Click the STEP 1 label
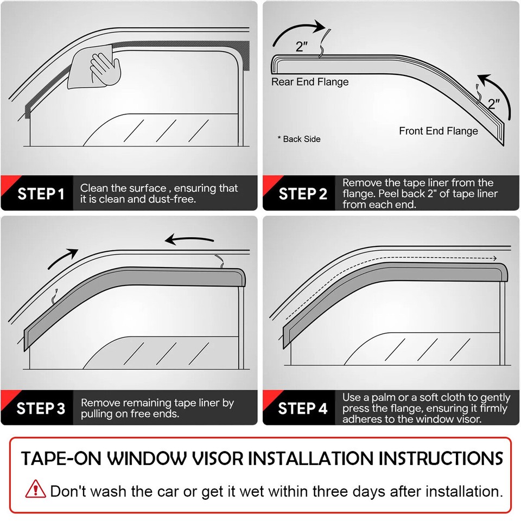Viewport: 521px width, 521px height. (41, 194)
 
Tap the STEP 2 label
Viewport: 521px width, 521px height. (303, 194)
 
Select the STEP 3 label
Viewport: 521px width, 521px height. (41, 408)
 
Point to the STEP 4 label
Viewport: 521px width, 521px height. (303, 408)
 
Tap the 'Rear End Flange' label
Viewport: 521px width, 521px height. (310, 82)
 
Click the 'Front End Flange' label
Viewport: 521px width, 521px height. (439, 131)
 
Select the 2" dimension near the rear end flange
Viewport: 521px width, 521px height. (302, 47)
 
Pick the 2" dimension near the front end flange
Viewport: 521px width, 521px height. (493, 104)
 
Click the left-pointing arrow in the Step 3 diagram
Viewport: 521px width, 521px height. (189, 239)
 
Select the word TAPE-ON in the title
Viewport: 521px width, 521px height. (60, 459)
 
